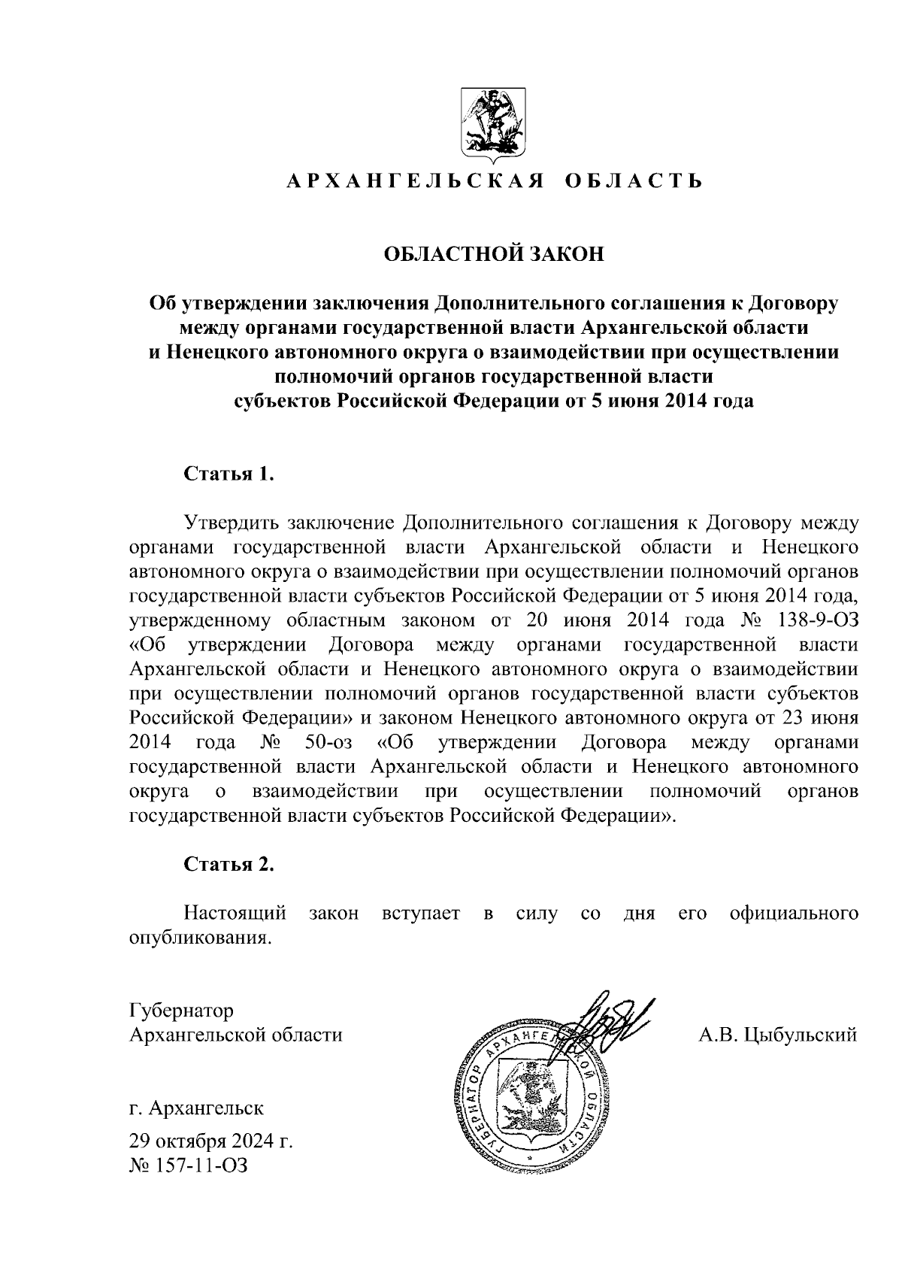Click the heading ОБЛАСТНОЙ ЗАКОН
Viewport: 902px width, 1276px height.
[494, 254]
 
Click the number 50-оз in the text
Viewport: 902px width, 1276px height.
[329, 743]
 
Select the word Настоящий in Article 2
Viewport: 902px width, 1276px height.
[235, 914]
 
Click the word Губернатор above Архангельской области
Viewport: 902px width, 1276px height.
[181, 1010]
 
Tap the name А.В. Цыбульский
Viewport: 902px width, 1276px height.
[778, 1035]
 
